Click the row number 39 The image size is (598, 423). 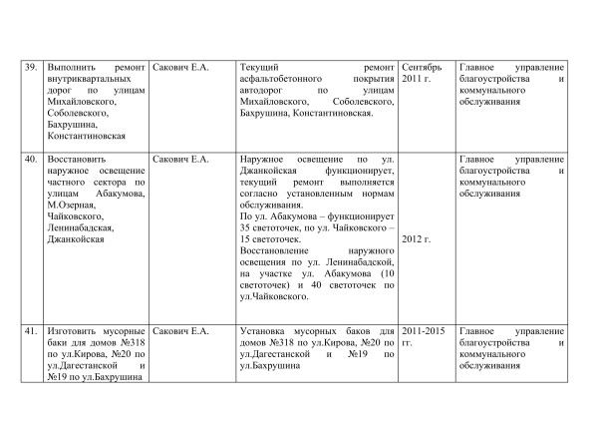point(31,67)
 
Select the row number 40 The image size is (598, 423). point(31,159)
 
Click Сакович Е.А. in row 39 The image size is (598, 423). point(180,67)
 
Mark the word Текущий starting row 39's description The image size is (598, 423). point(262,67)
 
